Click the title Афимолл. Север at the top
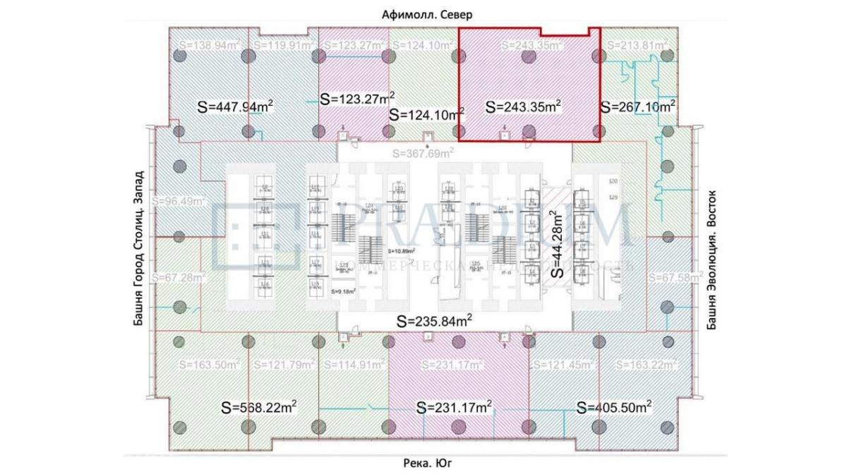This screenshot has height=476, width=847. pyautogui.click(x=423, y=14)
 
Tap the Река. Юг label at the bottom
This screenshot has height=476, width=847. pyautogui.click(x=423, y=463)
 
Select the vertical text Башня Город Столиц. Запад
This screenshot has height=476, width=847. pyautogui.click(x=138, y=248)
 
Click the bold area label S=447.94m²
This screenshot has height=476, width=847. pyautogui.click(x=235, y=106)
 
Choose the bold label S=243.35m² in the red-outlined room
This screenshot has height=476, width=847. pyautogui.click(x=523, y=106)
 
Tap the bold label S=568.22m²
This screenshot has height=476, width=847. pyautogui.click(x=258, y=408)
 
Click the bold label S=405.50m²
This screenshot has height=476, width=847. pyautogui.click(x=613, y=408)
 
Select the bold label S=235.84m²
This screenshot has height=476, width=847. pyautogui.click(x=434, y=321)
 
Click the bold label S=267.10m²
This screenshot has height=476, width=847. pyautogui.click(x=638, y=106)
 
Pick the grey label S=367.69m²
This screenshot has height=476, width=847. pyautogui.click(x=423, y=152)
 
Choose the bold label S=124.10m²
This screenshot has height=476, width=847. pyautogui.click(x=427, y=113)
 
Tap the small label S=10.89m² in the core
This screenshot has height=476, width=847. pyautogui.click(x=400, y=250)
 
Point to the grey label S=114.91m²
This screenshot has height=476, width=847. pyautogui.click(x=354, y=365)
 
